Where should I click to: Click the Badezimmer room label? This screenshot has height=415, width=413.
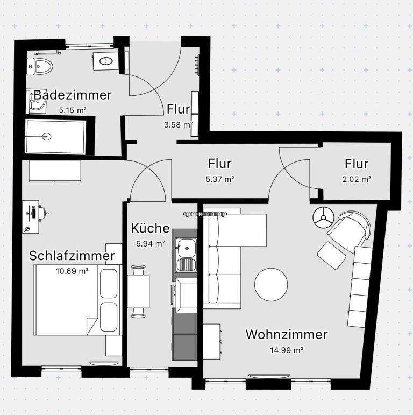pos(73,95)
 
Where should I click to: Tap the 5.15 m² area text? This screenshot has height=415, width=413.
pos(73,110)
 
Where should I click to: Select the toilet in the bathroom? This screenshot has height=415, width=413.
pos(40,66)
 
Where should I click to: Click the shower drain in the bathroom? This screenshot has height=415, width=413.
pos(47,137)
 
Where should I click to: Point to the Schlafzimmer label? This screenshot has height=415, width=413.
pos(72,256)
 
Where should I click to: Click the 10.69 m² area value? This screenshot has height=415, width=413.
pos(72,271)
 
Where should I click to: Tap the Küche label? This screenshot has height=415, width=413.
pos(150,228)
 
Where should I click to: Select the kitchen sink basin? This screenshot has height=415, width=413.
pos(187,248)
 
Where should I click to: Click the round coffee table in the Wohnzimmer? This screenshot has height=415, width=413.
pos(271,285)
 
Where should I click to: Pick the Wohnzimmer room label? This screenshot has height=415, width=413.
pos(287,334)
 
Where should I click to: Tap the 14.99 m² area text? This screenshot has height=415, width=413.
pos(287,350)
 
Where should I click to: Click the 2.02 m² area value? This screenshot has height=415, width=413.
pos(357,179)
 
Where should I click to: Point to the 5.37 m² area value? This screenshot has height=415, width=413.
pos(220,179)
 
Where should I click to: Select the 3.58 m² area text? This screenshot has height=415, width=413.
pos(178,124)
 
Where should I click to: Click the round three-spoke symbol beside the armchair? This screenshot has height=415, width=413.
pos(323,217)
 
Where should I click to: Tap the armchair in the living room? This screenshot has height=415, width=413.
pos(349,231)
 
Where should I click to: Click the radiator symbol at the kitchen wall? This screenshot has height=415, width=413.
pos(205,214)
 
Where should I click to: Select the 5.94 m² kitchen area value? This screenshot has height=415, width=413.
pos(151,243)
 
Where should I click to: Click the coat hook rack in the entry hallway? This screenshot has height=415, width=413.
pos(197,65)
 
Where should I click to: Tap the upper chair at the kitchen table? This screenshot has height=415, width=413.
pos(139,270)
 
